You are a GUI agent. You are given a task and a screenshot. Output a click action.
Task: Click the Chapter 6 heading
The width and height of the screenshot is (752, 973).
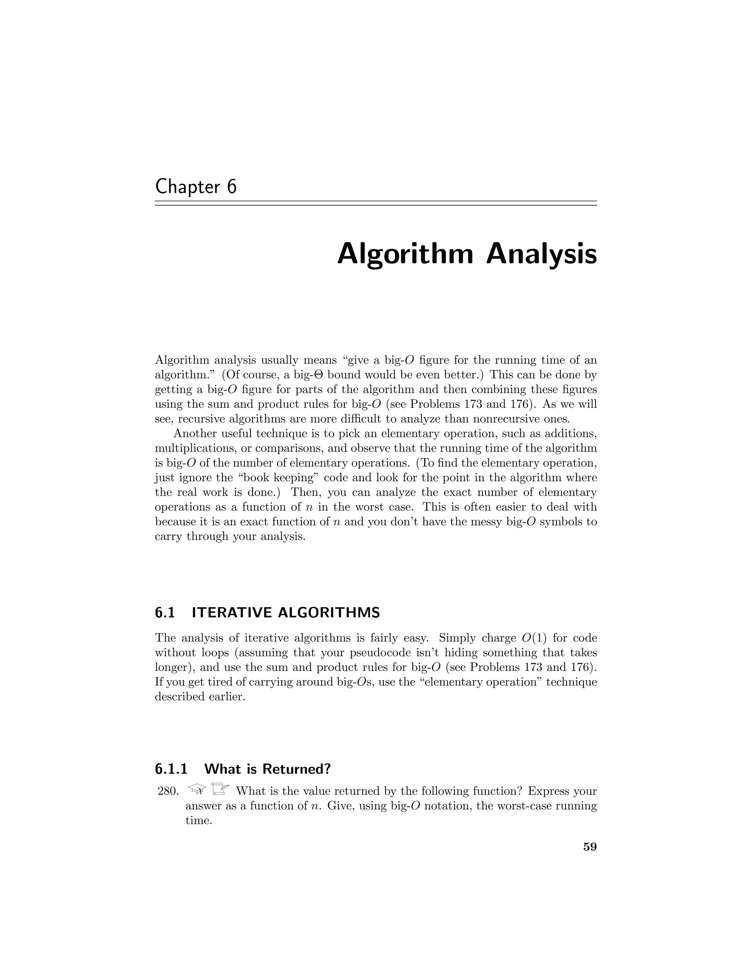(196, 187)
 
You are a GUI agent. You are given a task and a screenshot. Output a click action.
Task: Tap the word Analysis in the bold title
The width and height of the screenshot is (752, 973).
(541, 255)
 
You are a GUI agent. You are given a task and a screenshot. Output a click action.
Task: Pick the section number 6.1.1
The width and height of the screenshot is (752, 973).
(171, 768)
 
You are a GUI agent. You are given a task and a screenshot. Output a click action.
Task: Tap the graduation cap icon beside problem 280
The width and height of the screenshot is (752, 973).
(197, 790)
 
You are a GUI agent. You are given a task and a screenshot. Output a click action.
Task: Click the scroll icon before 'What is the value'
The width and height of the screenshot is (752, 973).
(220, 789)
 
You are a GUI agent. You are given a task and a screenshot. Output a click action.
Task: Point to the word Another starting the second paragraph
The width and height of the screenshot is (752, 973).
(194, 434)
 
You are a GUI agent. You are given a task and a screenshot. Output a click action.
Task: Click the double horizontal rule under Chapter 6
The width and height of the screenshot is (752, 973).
(376, 203)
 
